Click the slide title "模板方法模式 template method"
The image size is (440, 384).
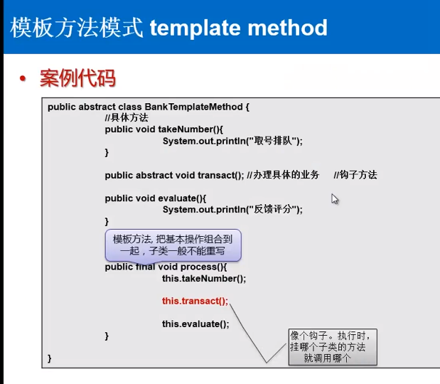pyautogui.click(x=168, y=28)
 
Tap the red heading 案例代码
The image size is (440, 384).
pyautogui.click(x=77, y=78)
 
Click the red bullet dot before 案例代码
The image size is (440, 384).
pyautogui.click(x=23, y=78)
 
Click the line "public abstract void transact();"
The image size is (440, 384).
pyautogui.click(x=173, y=175)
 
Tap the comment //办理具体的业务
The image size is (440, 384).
pyautogui.click(x=284, y=175)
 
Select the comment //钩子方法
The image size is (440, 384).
pyautogui.click(x=355, y=175)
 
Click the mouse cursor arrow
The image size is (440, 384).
pyautogui.click(x=334, y=199)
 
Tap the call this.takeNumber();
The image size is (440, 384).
pyautogui.click(x=203, y=279)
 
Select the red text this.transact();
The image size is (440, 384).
pyautogui.click(x=195, y=301)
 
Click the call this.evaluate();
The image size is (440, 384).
pyautogui.click(x=195, y=324)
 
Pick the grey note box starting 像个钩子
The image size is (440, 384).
pyautogui.click(x=331, y=347)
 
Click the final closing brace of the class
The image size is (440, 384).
pyautogui.click(x=50, y=358)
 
